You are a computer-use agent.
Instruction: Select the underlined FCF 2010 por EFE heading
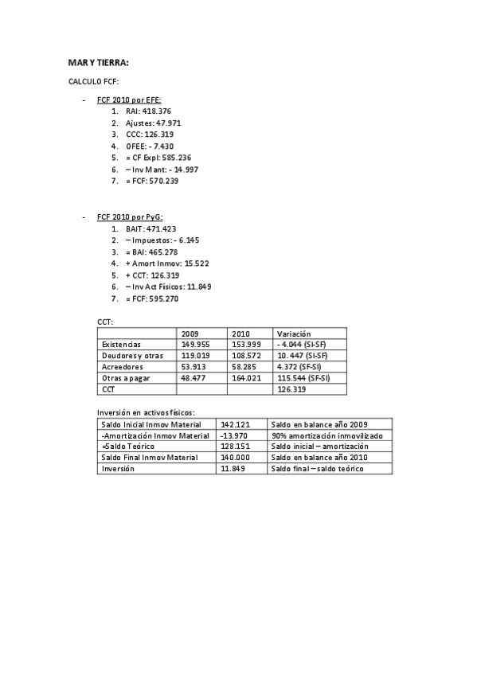(129, 100)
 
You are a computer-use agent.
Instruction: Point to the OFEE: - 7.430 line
(150, 146)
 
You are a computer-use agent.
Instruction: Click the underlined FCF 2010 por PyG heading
(130, 217)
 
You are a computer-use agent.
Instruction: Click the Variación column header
(293, 334)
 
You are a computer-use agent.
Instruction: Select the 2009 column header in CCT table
(190, 334)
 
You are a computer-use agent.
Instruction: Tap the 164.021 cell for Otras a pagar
(245, 378)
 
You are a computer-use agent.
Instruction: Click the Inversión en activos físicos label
(146, 412)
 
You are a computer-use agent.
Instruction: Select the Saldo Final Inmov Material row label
(151, 458)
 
